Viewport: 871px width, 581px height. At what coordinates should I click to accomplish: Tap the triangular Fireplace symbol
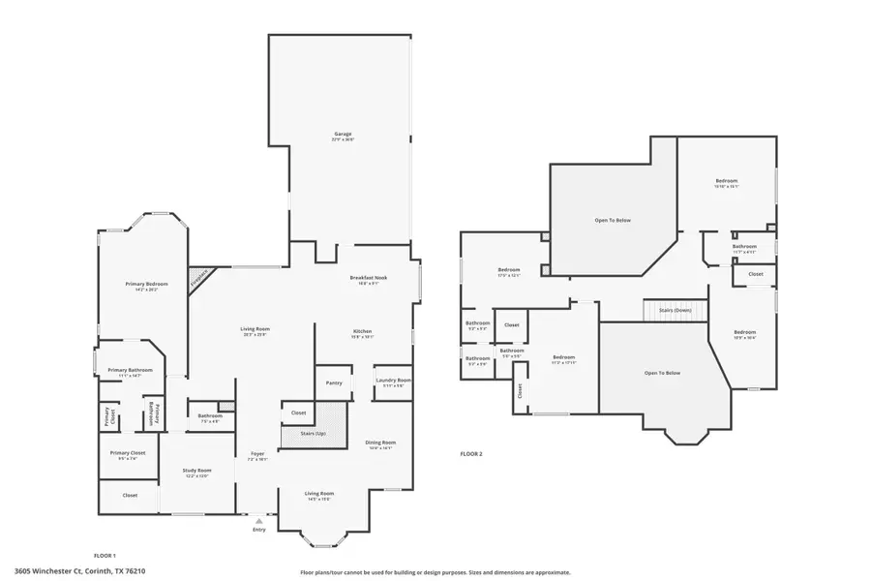click(198, 277)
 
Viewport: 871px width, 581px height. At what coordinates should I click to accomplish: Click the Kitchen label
click(362, 334)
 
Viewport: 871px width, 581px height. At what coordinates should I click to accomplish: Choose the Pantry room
click(334, 382)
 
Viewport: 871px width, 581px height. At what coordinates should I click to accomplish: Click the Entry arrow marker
click(258, 521)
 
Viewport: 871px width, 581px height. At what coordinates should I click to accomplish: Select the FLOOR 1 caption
click(105, 556)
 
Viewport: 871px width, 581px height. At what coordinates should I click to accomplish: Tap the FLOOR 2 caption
click(470, 453)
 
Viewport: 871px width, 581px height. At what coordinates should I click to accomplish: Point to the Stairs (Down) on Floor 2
click(675, 310)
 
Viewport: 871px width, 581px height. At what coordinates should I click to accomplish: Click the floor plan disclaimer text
click(435, 571)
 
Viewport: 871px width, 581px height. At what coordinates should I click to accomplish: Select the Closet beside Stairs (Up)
click(298, 413)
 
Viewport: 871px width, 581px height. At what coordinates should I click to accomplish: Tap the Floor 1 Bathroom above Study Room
click(203, 417)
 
